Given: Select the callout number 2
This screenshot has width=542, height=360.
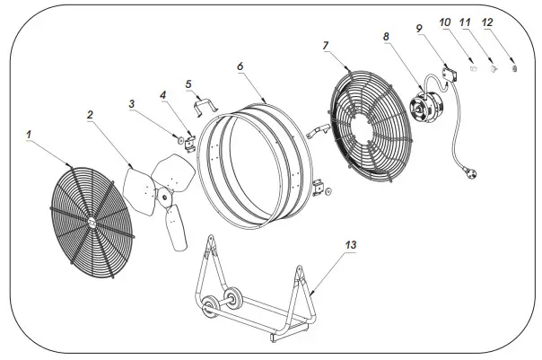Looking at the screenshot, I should click(91, 114).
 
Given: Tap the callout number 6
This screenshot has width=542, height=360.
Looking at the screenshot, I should click(240, 66).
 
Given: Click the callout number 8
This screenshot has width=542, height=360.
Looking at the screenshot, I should click(386, 37).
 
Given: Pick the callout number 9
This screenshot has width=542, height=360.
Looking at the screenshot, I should click(418, 29).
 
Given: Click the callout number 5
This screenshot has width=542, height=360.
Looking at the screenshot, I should click(188, 84).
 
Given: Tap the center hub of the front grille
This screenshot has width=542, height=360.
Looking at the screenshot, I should click(92, 218).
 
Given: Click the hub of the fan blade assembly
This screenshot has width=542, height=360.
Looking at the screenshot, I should click(162, 199).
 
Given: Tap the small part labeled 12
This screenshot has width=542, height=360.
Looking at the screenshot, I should click(514, 69).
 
